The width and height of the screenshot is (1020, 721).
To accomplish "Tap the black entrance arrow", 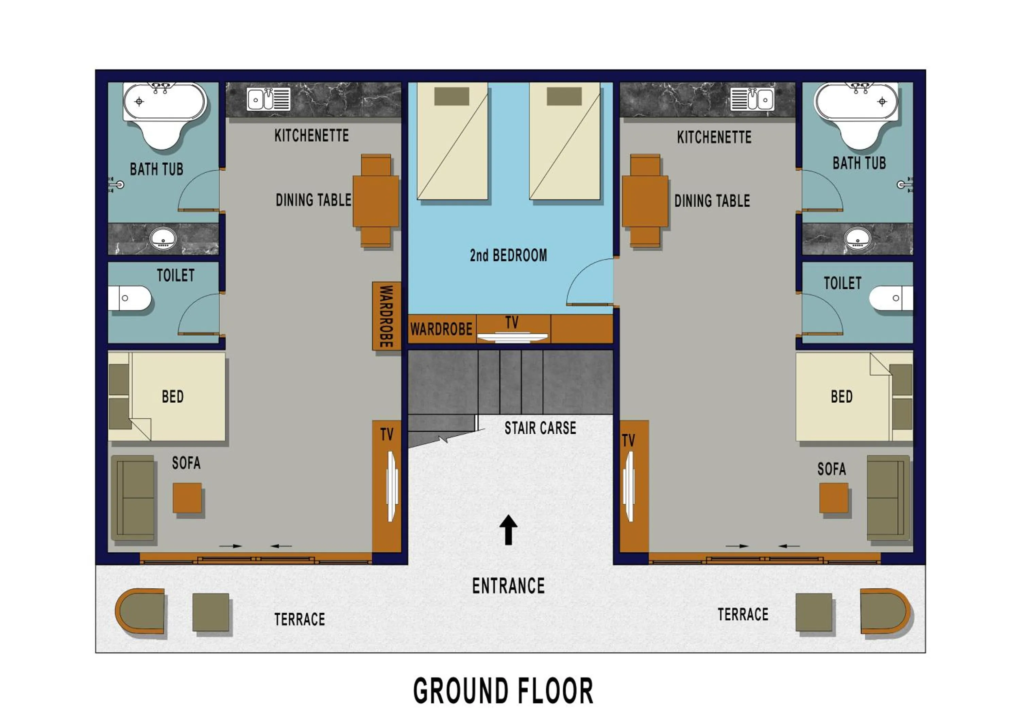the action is (508, 530).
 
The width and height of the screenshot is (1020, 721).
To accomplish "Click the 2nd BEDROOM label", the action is (508, 255).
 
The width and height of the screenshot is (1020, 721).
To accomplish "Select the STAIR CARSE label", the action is (540, 428).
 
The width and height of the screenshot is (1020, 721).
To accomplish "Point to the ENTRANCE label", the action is (508, 586).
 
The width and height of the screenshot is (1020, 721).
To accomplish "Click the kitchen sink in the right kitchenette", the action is (752, 99).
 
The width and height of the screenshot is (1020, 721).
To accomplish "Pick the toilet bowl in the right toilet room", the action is (891, 298).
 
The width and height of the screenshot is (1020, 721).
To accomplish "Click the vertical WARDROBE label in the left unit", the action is (386, 316).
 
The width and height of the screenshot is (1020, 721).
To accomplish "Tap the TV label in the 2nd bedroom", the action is (512, 322).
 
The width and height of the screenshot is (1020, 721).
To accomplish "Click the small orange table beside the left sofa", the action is (187, 498).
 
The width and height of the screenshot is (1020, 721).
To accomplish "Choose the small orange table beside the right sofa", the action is (834, 498).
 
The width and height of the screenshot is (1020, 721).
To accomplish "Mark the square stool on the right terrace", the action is (814, 612).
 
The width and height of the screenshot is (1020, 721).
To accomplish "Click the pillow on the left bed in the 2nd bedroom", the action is (452, 96).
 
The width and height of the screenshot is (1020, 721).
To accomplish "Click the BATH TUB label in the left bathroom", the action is (156, 169).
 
